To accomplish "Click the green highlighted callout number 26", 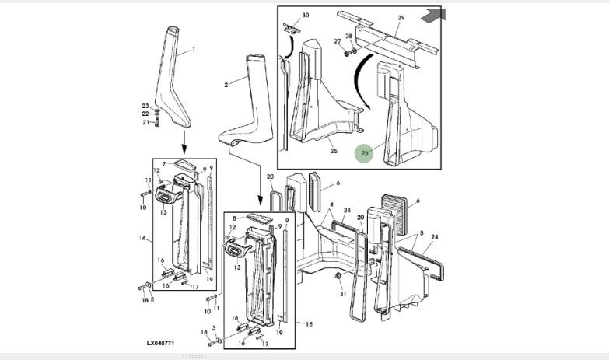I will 365,153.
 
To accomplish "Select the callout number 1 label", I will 194,51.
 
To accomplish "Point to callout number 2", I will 226,85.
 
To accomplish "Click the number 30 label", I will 305,16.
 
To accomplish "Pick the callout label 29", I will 401,17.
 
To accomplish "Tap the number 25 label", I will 334,151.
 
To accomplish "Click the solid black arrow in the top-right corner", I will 428,16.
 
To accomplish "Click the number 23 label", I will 145,106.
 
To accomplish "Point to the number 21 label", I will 145,122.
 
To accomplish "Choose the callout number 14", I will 142,237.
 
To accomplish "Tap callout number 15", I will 309,324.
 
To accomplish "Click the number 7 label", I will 164,164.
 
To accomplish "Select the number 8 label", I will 234,220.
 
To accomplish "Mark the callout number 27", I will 337,41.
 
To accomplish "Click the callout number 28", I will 349,37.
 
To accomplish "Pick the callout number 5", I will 421,233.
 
